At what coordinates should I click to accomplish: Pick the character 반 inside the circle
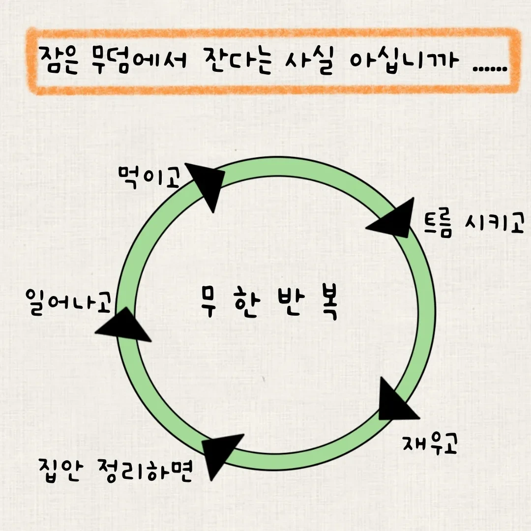[288, 305]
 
